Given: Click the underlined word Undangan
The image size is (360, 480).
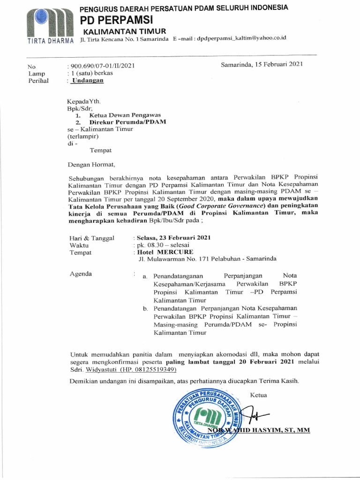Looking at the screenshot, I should click(x=87, y=80).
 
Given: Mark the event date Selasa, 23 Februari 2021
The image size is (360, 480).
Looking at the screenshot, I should click(x=173, y=238).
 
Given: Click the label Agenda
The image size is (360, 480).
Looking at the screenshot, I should click(x=81, y=274).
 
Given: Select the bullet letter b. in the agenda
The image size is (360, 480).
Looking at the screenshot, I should click(x=145, y=308).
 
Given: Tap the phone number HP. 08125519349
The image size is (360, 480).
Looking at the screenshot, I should click(x=148, y=369).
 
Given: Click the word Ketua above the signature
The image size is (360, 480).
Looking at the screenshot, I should click(x=258, y=395).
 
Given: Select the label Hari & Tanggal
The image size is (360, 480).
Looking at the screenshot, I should click(x=92, y=238).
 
